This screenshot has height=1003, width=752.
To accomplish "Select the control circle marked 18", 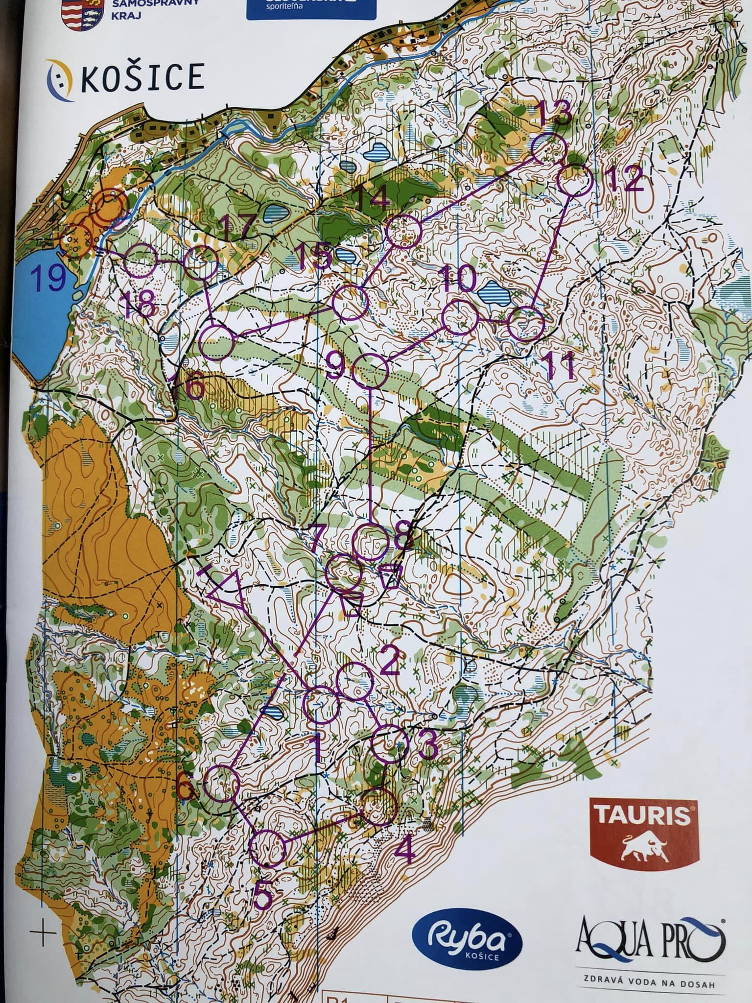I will (x=141, y=262).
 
